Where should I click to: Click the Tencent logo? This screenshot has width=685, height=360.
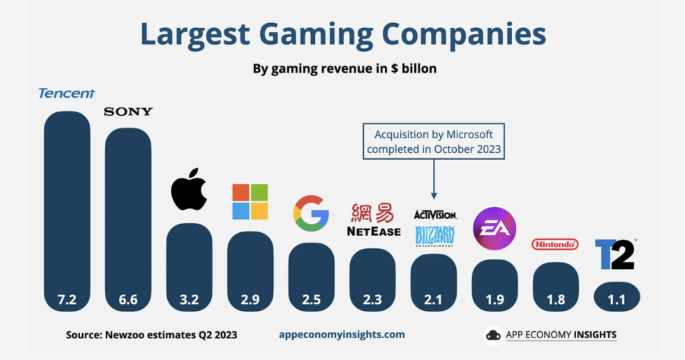click(67, 93)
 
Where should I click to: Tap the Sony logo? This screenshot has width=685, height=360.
click(128, 112)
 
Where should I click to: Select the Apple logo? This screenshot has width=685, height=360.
click(189, 190)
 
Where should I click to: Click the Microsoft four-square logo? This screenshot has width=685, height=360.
click(250, 202)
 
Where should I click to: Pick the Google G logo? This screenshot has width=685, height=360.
click(311, 214)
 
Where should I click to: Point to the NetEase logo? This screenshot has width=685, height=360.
click(373, 220)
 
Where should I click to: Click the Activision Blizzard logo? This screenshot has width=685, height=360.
click(434, 228)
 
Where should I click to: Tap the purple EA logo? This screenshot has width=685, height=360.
click(495, 228)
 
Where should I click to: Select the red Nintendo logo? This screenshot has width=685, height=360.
click(555, 244)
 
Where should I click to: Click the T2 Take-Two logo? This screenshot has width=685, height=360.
click(615, 254)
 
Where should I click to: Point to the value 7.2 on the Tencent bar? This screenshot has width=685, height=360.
click(67, 299)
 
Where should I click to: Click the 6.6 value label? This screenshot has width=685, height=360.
click(128, 299)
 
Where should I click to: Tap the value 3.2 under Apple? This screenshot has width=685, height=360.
click(189, 299)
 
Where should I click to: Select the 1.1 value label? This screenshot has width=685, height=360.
click(616, 299)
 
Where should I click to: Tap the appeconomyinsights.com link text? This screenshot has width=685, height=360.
click(342, 334)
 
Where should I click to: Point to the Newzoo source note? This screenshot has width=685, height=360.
click(152, 335)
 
